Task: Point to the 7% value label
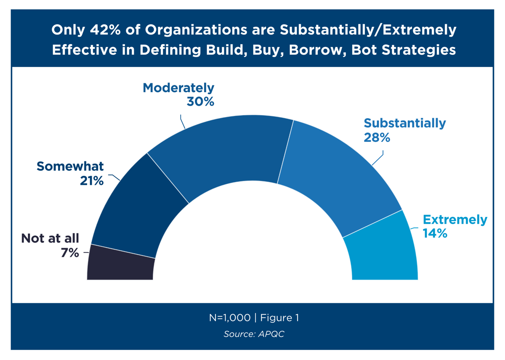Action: tap(70, 253)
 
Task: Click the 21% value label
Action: tap(92, 180)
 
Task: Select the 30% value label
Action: tap(201, 101)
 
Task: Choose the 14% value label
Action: tap(435, 233)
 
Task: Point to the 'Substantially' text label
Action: tap(404, 123)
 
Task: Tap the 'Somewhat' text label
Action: tap(70, 167)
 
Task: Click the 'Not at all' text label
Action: tap(50, 238)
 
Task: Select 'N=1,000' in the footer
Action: tap(229, 318)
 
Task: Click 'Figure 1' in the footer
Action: tap(279, 318)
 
